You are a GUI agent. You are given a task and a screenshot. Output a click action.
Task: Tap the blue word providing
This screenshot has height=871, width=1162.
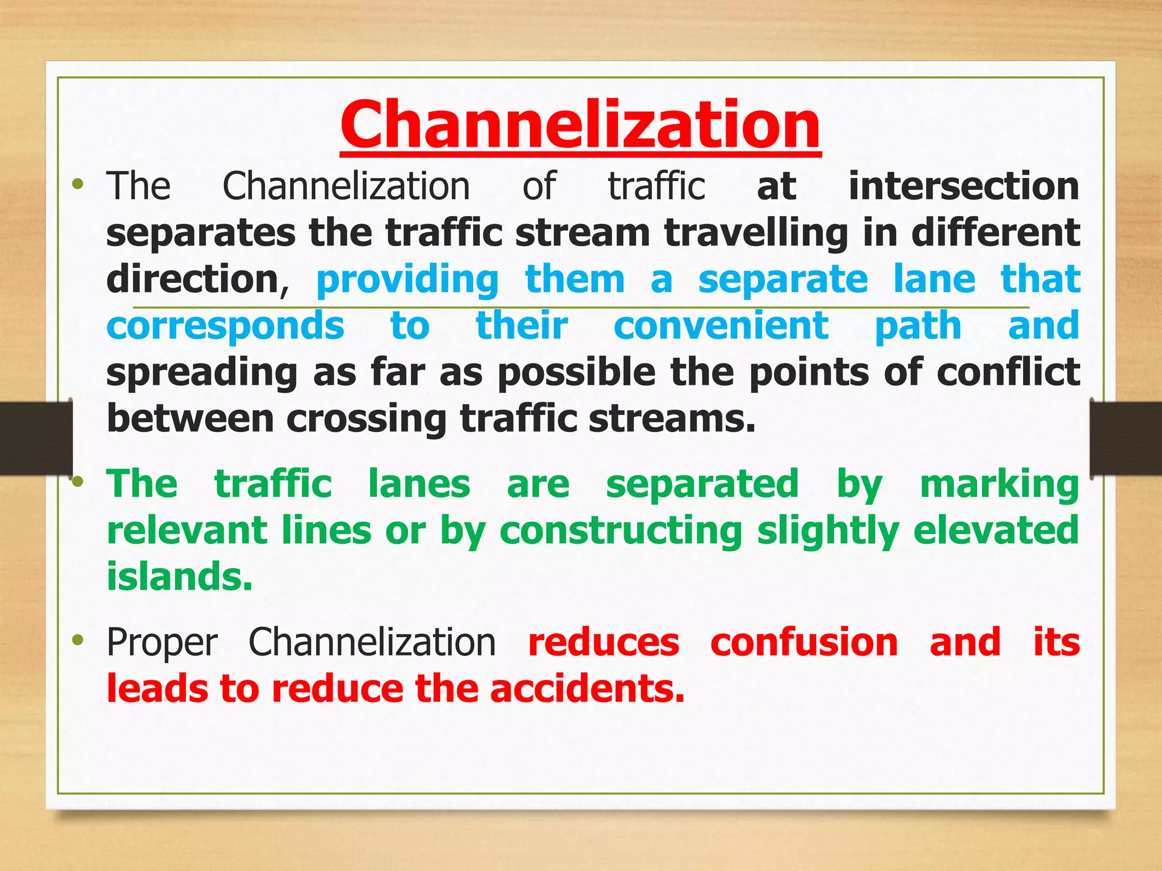click(407, 280)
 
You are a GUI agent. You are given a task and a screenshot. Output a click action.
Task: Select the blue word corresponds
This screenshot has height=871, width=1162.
click(225, 326)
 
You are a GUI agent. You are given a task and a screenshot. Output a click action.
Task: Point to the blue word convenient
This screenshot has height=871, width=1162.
click(721, 326)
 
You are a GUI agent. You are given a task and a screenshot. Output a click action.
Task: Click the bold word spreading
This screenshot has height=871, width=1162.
click(202, 373)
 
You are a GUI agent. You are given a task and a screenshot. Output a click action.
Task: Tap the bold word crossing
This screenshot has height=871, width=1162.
click(367, 419)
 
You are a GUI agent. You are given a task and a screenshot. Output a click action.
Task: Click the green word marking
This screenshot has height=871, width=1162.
click(999, 485)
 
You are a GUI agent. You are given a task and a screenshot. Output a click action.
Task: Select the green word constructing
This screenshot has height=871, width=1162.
click(621, 531)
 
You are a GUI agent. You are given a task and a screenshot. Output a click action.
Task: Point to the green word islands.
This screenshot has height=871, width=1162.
click(179, 577)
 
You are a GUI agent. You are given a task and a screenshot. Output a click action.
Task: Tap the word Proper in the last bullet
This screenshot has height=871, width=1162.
click(162, 644)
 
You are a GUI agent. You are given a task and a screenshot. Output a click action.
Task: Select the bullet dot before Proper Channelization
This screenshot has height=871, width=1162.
click(78, 641)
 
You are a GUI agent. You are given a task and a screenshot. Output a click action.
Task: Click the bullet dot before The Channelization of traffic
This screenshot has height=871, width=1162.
click(78, 184)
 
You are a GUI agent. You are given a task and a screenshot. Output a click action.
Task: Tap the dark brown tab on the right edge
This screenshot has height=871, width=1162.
click(1126, 438)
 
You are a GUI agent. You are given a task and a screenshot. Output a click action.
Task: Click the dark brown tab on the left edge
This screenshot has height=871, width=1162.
click(35, 438)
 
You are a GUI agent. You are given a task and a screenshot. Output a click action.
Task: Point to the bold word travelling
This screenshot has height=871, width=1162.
click(756, 233)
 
